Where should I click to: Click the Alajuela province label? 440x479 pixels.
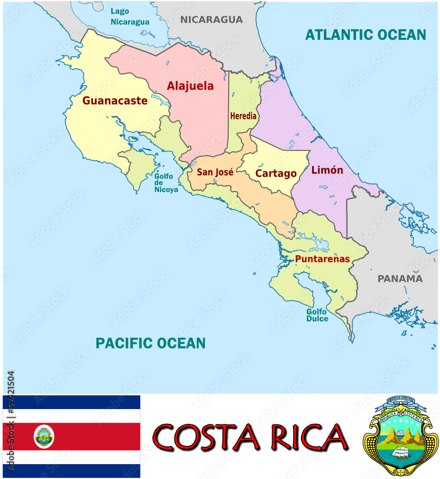190,86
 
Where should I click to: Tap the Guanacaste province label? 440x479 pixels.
115,101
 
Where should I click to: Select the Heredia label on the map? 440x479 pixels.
243,116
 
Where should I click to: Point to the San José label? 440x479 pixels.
215,172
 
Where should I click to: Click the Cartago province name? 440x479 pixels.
276,173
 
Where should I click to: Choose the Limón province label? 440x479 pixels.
327,170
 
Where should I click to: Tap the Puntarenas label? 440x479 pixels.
323,259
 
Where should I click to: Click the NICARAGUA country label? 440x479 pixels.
211,20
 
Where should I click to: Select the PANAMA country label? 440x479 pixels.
400,279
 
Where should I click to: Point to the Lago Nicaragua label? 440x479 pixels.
130,16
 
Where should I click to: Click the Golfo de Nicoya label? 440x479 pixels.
165,183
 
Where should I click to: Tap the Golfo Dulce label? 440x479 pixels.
317,315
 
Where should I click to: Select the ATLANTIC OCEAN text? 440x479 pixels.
366,34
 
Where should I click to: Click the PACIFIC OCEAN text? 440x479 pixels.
151,343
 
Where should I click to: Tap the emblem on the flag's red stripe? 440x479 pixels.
44,436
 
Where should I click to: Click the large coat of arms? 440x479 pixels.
400,436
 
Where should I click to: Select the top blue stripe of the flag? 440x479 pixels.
72,402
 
